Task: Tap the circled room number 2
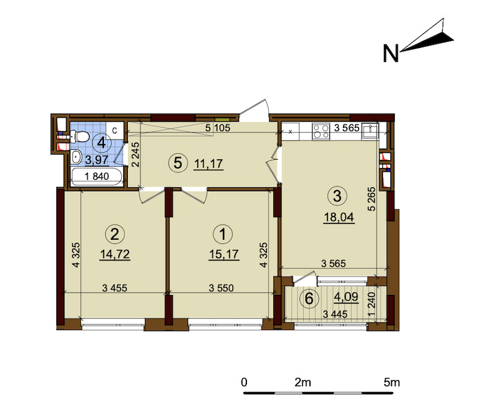[115, 235]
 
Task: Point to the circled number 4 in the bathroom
[102, 142]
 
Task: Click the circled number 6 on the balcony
[309, 298]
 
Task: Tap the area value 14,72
[114, 255]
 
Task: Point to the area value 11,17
[207, 164]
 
